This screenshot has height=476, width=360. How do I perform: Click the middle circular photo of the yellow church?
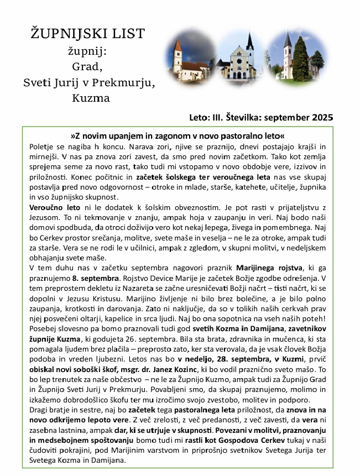click(238, 56)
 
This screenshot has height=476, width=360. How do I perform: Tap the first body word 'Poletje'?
click(40, 147)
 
